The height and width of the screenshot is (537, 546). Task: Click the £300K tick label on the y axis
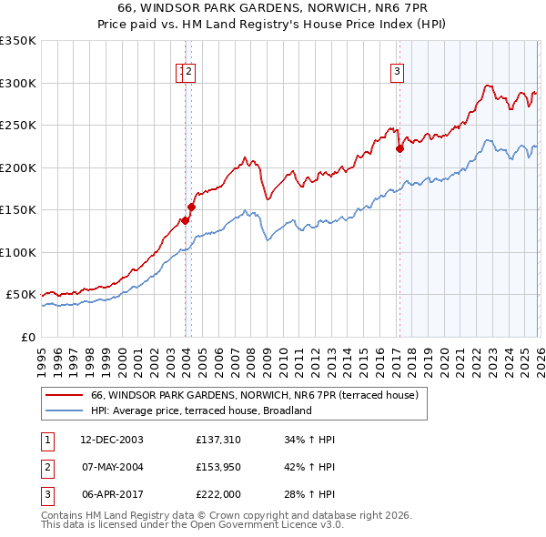point(17,83)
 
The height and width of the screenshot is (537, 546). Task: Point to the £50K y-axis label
point(20,295)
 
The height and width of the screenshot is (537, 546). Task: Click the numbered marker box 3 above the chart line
point(398,75)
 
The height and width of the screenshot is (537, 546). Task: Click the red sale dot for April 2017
point(399,149)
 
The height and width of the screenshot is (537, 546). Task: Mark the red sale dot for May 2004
point(192,208)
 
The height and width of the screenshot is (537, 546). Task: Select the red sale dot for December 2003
point(185,220)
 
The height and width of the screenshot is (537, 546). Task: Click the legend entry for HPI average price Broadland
point(201,410)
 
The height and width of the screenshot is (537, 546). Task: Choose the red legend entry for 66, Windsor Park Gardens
point(254,395)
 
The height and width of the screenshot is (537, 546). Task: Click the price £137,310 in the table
point(217,440)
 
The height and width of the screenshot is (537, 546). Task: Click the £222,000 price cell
point(217,494)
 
